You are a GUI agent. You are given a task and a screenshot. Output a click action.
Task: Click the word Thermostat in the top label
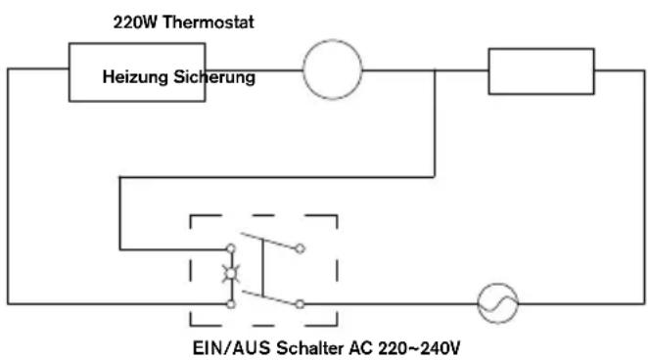(208, 22)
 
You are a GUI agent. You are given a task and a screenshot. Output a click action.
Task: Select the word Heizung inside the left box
(135, 77)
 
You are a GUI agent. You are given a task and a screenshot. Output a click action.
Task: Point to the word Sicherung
(214, 76)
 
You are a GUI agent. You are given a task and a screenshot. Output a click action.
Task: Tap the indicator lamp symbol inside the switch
(231, 273)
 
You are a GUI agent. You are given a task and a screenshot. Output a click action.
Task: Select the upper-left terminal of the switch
(231, 248)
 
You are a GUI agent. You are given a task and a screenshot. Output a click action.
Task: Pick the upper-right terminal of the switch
(301, 248)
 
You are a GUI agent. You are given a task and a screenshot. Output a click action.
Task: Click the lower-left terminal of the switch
(231, 304)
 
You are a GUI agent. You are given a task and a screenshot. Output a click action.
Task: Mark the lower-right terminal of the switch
(301, 304)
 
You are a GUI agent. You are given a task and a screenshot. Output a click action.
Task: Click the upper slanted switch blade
(268, 241)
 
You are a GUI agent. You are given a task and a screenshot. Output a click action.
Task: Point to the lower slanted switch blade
(269, 297)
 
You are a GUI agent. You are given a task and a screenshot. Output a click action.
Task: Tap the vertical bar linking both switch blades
(262, 267)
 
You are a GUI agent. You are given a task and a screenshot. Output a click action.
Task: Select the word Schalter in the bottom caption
(310, 348)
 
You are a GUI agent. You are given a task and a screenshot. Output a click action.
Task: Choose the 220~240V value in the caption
(419, 348)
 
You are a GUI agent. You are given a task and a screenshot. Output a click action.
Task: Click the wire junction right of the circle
(435, 70)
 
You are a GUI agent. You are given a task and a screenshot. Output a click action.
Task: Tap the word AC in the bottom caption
(361, 348)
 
